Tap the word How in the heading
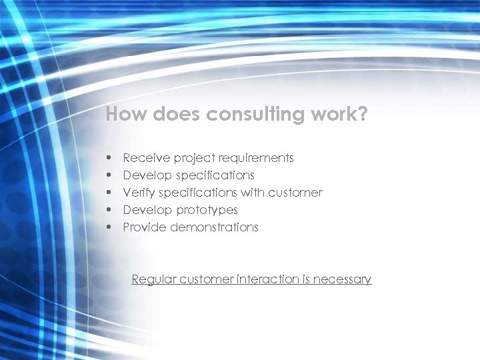(127, 115)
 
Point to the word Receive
(146, 158)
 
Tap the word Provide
(145, 227)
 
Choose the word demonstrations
(214, 227)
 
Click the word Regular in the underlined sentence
(152, 279)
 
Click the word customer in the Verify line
(295, 193)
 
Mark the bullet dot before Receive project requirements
(108, 159)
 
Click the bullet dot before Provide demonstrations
(108, 228)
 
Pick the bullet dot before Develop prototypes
(108, 211)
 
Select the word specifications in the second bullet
(215, 175)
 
